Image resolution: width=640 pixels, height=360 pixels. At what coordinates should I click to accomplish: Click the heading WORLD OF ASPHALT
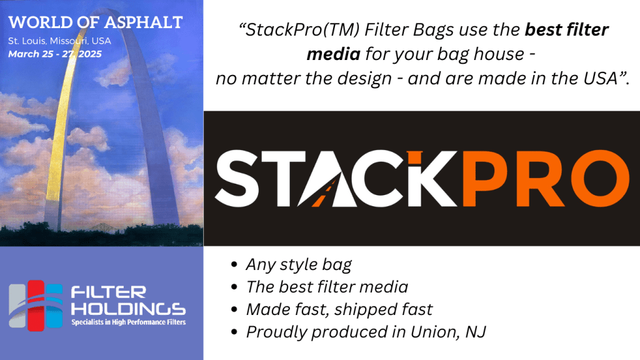tap(96, 22)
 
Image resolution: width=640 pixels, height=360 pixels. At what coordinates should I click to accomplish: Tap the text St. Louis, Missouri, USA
tap(59, 41)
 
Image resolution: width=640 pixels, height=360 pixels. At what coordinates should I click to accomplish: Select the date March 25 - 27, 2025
tap(55, 54)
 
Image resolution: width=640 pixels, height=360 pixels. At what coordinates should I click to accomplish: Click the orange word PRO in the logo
tap(546, 178)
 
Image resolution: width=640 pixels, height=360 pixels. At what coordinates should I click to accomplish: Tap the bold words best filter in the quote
tap(566, 30)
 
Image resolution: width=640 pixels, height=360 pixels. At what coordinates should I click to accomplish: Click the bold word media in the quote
tap(333, 54)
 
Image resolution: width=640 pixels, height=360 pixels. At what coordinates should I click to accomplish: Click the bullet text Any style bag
tap(298, 264)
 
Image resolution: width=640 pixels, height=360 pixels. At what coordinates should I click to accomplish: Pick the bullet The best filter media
tap(327, 287)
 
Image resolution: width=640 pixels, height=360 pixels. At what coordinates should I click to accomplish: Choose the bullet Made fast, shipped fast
tap(339, 309)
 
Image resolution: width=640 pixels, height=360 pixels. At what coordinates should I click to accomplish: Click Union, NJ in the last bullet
tap(448, 332)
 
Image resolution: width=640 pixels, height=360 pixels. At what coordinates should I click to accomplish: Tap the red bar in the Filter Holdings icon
tap(36, 305)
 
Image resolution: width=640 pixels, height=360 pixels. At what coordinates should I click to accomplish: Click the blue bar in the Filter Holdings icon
tap(54, 305)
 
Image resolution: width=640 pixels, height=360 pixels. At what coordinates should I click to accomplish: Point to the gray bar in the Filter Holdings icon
tap(17, 306)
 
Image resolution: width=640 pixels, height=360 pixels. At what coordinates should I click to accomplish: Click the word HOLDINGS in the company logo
tap(128, 309)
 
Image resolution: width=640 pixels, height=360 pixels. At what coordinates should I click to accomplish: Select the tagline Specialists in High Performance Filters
tap(129, 322)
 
